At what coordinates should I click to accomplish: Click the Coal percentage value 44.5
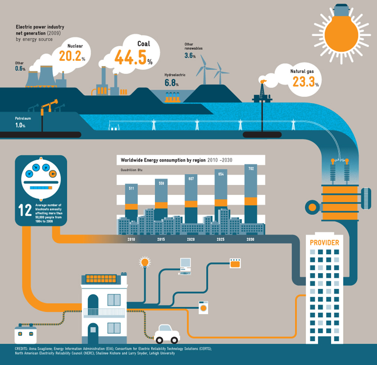click(130, 57)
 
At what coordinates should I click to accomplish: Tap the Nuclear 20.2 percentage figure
click(70, 56)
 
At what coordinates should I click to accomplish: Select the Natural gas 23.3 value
click(303, 82)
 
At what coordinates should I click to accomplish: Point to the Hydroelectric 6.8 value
click(170, 83)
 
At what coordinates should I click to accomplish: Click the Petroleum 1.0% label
click(20, 125)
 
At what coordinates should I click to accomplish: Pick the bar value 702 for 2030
click(251, 169)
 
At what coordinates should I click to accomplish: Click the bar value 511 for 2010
click(131, 188)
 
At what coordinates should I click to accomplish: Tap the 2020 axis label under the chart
click(191, 239)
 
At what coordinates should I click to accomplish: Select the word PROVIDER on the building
click(324, 243)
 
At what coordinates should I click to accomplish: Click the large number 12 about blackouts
click(25, 211)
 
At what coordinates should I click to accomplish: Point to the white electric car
click(167, 334)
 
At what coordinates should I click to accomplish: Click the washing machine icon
click(203, 308)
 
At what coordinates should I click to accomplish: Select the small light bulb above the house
click(145, 262)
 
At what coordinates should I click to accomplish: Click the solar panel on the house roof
click(101, 279)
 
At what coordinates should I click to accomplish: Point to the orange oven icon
click(235, 264)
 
